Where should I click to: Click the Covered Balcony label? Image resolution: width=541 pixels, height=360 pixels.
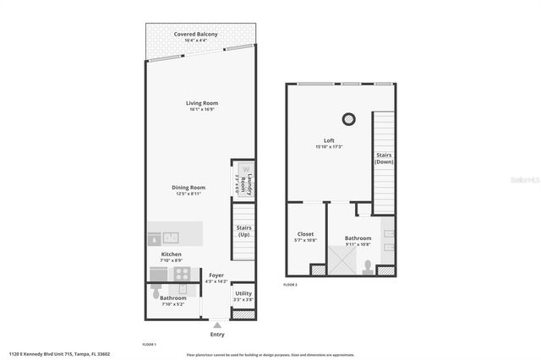point(196,35)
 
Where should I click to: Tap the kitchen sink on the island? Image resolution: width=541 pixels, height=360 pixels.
point(168,237)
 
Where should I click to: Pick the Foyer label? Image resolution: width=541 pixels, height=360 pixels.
point(216,275)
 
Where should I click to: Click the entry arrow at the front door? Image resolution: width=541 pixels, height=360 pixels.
point(216,324)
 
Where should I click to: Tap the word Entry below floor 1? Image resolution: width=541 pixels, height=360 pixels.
point(216,335)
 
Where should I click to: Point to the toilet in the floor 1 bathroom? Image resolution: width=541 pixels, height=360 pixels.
point(153,286)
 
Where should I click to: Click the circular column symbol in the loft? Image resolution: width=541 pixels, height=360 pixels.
point(347,119)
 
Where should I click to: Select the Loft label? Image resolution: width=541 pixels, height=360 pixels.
point(329,140)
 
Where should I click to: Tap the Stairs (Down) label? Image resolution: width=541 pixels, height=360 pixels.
point(384,159)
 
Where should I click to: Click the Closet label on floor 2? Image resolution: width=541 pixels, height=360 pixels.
point(305,234)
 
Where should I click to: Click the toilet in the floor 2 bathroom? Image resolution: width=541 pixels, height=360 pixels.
point(368,267)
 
